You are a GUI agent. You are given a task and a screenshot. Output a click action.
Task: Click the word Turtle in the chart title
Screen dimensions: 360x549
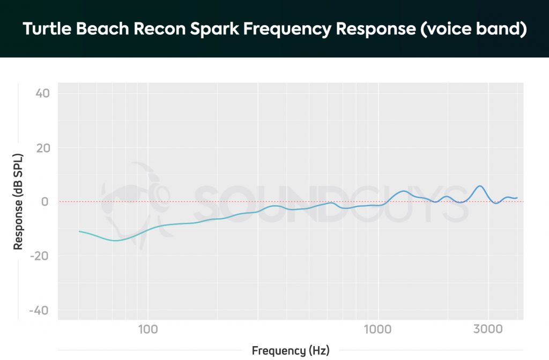point(47,29)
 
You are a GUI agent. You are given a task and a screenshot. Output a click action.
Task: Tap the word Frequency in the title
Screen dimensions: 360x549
point(287,29)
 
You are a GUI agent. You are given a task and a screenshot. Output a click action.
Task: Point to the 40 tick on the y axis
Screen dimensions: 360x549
point(42,94)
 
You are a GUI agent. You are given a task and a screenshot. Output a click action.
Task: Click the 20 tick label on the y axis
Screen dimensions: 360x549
point(42,148)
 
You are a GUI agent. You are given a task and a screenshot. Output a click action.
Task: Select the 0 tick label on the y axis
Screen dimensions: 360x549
point(46,202)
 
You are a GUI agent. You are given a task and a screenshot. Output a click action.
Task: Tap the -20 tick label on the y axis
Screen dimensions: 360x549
point(41,256)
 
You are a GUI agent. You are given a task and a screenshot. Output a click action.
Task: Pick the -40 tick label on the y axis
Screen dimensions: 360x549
point(41,311)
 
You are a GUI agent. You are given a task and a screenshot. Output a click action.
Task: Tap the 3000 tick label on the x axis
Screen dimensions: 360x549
point(488,329)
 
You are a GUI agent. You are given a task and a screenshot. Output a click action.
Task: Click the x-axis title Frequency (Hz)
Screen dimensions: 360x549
point(291,351)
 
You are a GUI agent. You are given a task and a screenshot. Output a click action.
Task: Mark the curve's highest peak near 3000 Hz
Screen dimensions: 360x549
point(480,186)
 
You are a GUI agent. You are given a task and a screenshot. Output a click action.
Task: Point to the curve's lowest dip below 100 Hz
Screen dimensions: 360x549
point(115,241)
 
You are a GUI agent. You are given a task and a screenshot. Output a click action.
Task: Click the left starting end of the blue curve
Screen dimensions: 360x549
point(79,231)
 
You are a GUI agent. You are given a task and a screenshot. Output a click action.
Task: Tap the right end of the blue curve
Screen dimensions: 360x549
point(517,198)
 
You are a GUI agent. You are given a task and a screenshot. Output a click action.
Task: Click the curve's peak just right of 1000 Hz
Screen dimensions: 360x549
point(404,191)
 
